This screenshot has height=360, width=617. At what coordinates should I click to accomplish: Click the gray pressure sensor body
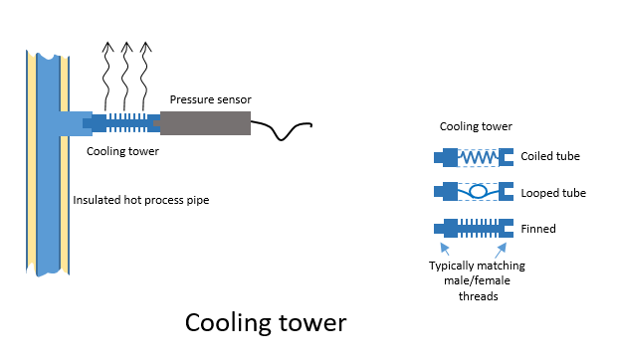tap(205, 123)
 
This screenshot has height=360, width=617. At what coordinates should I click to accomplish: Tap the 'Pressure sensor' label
tap(211, 99)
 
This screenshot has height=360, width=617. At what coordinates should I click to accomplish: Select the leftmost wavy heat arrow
tap(106, 77)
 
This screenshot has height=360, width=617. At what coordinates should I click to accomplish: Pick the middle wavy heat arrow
tap(126, 77)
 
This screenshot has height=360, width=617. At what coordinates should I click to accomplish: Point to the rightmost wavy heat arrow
tap(144, 77)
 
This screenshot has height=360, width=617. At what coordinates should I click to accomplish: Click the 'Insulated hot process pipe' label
tap(141, 200)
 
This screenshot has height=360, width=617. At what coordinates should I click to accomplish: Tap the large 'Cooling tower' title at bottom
tap(266, 323)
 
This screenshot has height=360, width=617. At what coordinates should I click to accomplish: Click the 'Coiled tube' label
tap(550, 156)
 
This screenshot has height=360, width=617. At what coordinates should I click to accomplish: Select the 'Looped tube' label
tap(553, 193)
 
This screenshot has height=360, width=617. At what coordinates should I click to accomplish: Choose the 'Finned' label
tap(538, 229)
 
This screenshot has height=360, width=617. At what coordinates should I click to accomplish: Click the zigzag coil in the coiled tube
tap(478, 157)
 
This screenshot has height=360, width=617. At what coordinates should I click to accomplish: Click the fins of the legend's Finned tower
tap(478, 229)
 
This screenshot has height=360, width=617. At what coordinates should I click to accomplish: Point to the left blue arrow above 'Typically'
tap(445, 249)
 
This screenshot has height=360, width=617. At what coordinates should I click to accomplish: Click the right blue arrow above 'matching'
tap(501, 250)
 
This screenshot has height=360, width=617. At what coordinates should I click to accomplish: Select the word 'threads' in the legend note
tap(478, 296)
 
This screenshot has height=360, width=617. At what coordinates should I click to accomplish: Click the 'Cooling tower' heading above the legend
tap(476, 126)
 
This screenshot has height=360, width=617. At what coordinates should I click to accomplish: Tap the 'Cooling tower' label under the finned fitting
tap(122, 151)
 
